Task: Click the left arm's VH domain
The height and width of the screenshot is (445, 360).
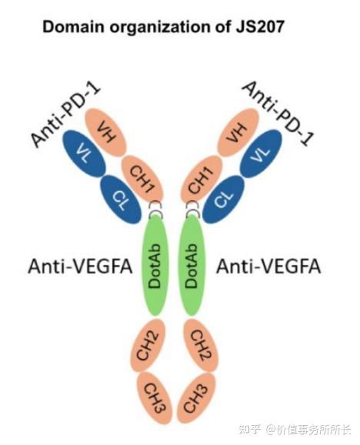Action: coord(105,132)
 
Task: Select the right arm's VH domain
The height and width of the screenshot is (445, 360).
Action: coord(238,132)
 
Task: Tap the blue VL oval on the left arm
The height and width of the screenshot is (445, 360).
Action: coord(85,153)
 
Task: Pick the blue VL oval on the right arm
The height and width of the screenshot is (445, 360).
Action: coord(261,153)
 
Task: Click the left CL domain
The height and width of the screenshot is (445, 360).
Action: coord(121,199)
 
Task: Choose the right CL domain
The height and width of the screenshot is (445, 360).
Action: coord(224,199)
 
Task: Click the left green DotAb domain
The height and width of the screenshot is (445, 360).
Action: coord(155,266)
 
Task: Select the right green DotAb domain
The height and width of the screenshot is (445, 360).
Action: coord(192,266)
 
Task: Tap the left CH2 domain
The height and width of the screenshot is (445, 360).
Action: coord(148,345)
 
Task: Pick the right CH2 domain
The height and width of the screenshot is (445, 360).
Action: coord(201,345)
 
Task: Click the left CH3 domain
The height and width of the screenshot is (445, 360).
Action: coord(155,398)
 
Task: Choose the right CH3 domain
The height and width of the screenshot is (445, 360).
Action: coord(196,398)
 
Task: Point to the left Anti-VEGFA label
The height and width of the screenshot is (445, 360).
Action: coord(80,267)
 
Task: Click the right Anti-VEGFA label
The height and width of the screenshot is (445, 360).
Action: coord(268,267)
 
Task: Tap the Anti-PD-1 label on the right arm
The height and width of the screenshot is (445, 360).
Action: coord(278,113)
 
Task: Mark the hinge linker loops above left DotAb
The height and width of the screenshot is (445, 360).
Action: coord(156,209)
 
